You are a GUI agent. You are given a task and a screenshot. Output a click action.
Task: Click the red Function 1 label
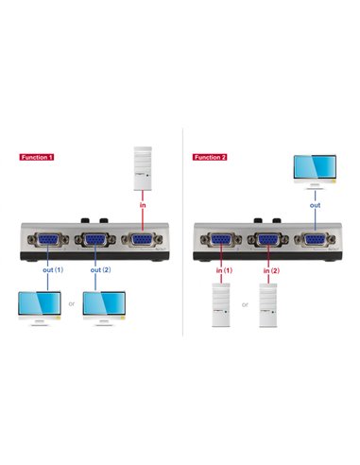[37, 157]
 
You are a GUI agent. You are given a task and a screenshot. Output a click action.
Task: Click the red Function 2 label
[209, 157]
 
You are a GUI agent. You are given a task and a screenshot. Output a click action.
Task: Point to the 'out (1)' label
[52, 270]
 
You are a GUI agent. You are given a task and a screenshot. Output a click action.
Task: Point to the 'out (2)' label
[101, 270]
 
